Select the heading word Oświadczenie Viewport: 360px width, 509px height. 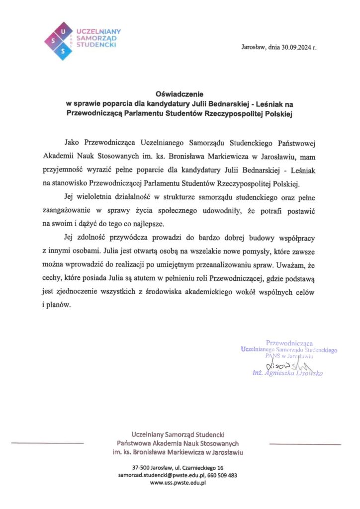[x=180, y=93]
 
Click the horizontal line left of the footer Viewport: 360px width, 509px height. [x=47, y=442]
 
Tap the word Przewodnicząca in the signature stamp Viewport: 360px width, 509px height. [x=289, y=343]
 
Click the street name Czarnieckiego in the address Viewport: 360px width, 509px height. [x=200, y=468]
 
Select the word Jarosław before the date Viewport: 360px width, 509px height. [x=253, y=48]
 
